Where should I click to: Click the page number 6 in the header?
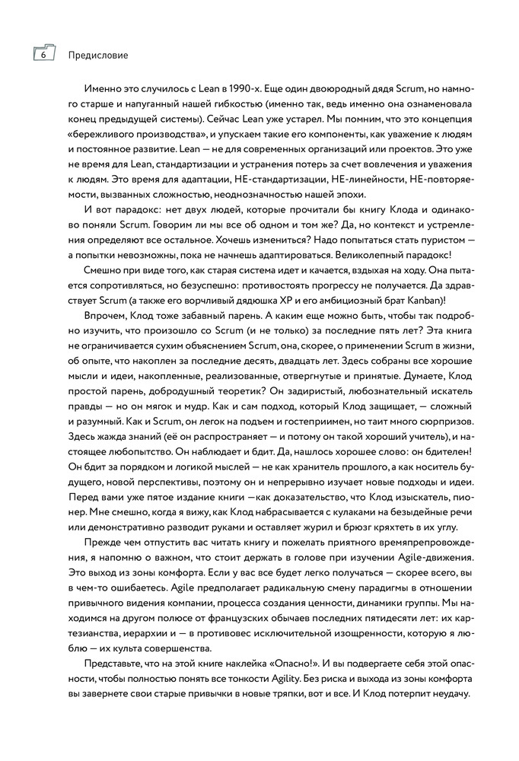click(x=44, y=55)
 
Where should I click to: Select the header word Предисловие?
click(x=98, y=56)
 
